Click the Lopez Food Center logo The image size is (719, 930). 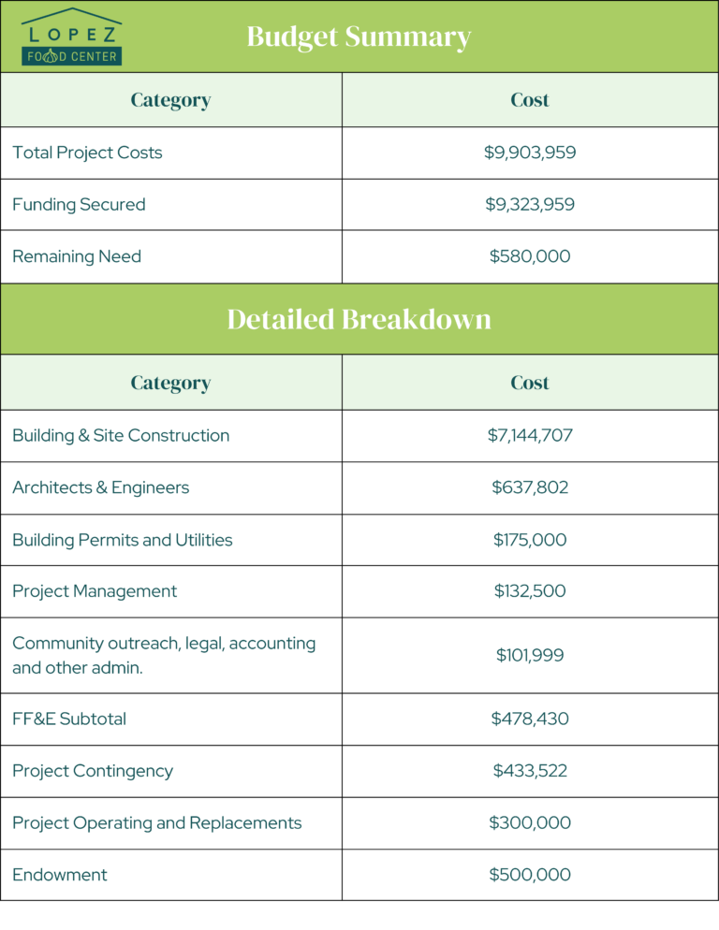click(72, 37)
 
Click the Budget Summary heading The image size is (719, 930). click(359, 36)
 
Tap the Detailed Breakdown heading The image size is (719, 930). click(359, 319)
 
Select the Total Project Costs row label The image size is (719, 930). click(87, 153)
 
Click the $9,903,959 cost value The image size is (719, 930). click(530, 153)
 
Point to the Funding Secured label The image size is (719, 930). click(79, 204)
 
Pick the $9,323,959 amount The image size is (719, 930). click(530, 204)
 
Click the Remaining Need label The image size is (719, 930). click(77, 256)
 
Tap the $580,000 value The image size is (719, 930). click(530, 256)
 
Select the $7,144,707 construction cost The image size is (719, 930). click(530, 435)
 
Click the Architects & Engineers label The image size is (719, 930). click(100, 487)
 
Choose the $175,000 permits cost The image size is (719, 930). click(530, 540)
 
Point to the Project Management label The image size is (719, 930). click(95, 591)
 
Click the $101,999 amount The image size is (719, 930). click(530, 655)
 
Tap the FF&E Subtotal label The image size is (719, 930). click(69, 719)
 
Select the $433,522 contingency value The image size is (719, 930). click(530, 771)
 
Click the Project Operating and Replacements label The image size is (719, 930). click(157, 823)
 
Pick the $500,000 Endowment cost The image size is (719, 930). click(530, 875)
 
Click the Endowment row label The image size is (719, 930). click(60, 875)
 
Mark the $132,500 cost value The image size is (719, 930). click(530, 591)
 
